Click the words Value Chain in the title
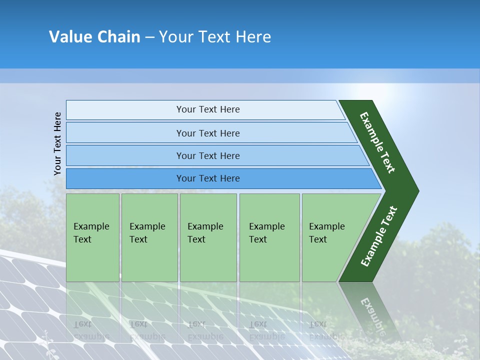point(94,37)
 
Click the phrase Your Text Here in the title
point(215,37)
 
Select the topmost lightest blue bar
point(125,110)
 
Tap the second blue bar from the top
point(125,133)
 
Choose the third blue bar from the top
point(125,155)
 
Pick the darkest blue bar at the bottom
point(125,178)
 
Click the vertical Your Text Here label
point(57,143)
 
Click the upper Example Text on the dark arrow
point(377,142)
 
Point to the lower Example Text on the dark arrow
point(378,236)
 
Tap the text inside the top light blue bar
point(208,109)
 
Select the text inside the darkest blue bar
point(208,178)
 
